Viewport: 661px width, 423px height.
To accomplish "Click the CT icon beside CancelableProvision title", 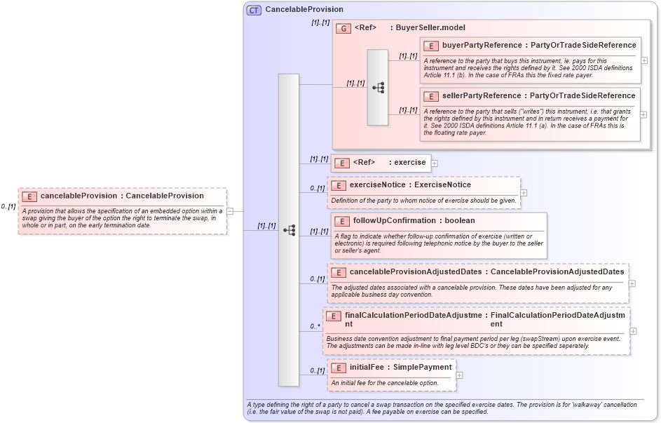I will tap(254, 10).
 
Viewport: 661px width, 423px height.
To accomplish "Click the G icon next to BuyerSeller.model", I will tap(343, 28).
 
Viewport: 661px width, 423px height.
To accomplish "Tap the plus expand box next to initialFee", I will tap(460, 375).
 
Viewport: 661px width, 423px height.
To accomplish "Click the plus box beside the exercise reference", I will tap(435, 163).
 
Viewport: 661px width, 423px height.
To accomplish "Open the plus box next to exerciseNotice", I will tap(524, 192).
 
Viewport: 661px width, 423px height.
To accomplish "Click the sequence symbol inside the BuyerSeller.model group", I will tap(378, 88).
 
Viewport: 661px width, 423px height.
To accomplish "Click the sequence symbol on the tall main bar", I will tap(289, 230).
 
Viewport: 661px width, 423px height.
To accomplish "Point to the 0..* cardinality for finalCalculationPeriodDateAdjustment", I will tap(315, 327).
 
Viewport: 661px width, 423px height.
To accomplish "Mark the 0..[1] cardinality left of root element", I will tap(8, 207).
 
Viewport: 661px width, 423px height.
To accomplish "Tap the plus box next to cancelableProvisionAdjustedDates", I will tap(632, 283).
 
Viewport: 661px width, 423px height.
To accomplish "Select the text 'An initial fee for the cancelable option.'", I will tap(384, 383).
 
